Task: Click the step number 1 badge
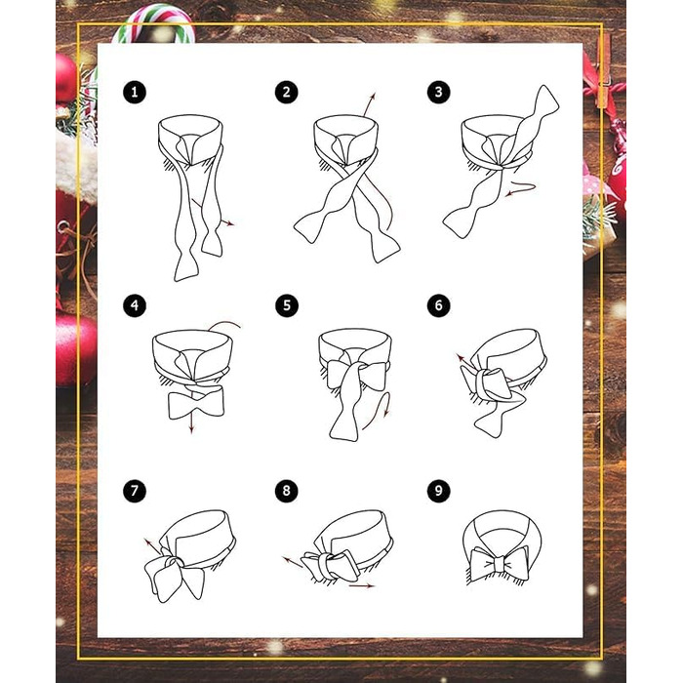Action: [x=135, y=92]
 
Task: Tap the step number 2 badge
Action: [x=286, y=92]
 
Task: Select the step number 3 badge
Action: [x=438, y=92]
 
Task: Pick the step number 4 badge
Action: [x=135, y=305]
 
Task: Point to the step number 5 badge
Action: [x=286, y=305]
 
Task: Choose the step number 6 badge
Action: [x=438, y=305]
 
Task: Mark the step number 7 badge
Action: [x=135, y=491]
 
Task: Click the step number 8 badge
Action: [x=286, y=491]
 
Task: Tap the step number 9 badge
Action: [x=438, y=491]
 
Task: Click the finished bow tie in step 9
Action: [x=500, y=564]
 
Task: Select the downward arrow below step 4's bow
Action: [x=191, y=422]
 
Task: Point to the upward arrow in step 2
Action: [x=370, y=104]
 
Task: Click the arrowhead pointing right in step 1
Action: [x=229, y=223]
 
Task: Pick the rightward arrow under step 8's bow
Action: [x=362, y=585]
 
